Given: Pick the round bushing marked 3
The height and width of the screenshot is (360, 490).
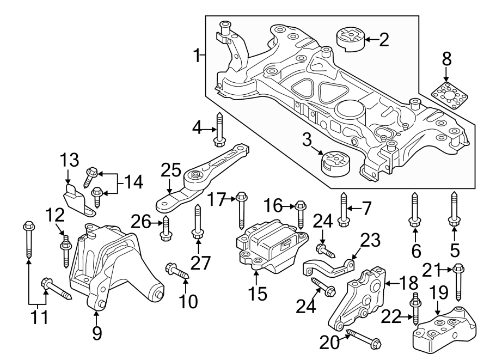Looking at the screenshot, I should pyautogui.click(x=334, y=162).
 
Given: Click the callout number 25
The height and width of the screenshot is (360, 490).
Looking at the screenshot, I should pyautogui.click(x=170, y=171).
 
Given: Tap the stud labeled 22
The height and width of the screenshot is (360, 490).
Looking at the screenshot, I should pyautogui.click(x=416, y=308).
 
